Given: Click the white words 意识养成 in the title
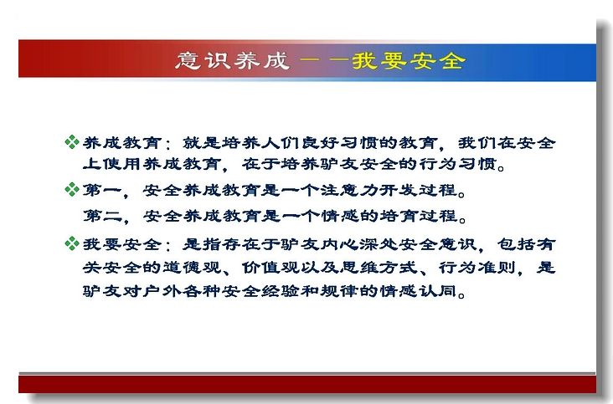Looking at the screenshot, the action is pos(232,61).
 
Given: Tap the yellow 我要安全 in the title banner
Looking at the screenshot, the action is pos(409,61).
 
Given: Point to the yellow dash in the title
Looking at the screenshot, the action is pos(324,60).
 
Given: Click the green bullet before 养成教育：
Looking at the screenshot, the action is pos(72,142).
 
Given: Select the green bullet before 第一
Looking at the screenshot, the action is pos(72,189).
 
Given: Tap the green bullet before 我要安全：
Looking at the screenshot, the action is pos(72,243).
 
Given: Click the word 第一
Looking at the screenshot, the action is pos(102,190).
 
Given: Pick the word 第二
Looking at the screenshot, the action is pos(102,216).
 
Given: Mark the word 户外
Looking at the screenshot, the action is pos(162,291).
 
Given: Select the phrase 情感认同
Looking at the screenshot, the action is pos(419,291).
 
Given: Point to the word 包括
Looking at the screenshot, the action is pos(516,244).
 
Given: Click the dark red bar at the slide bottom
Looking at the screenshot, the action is pos(307,384).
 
